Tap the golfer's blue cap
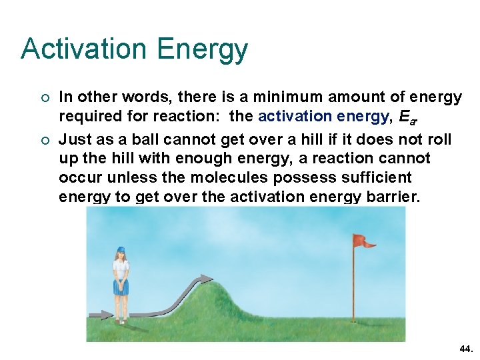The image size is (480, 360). click(121, 250)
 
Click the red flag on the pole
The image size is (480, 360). click(363, 241)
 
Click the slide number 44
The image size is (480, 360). click(465, 349)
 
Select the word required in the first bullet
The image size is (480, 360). click(86, 117)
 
